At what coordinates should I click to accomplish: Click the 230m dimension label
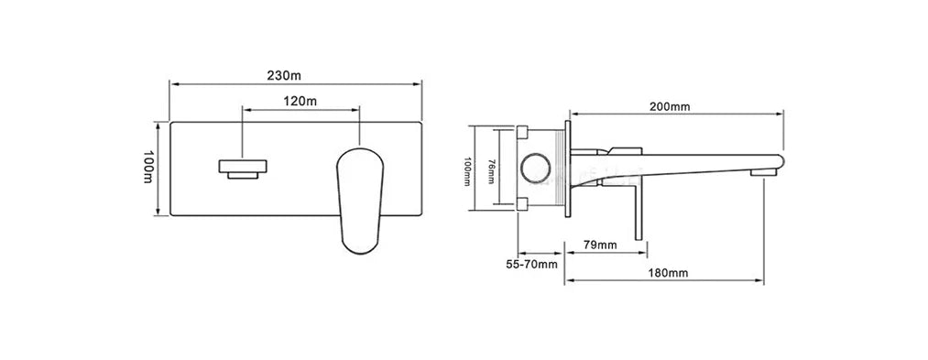pos(285,76)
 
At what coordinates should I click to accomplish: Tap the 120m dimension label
pos(300,102)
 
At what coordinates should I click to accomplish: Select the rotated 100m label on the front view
pos(148,167)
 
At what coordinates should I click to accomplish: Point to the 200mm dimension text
pos(670,107)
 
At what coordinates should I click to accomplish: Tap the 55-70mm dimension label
pos(531,264)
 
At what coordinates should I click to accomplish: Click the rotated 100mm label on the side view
pos(466,171)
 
